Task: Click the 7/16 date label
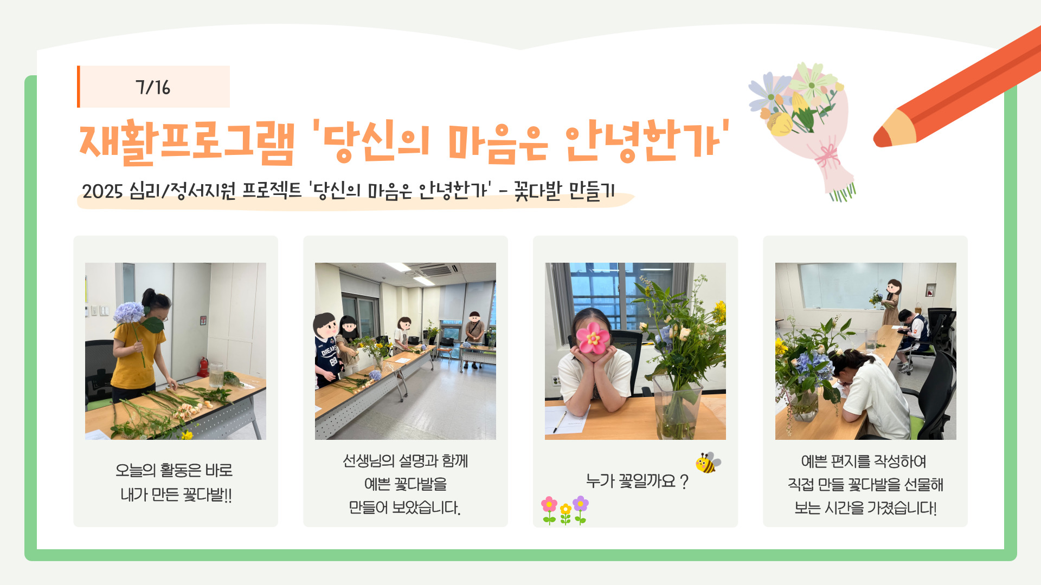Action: pos(153,87)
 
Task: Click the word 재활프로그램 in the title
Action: pos(187,142)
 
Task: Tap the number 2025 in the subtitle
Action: pos(102,191)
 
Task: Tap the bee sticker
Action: pos(708,462)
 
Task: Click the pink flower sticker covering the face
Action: pos(593,337)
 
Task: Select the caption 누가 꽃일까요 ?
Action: pos(637,481)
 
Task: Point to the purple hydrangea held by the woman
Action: pos(128,313)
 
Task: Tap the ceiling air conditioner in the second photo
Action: pos(434,270)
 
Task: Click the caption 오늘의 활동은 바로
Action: pos(174,470)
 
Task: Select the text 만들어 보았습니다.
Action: pos(404,508)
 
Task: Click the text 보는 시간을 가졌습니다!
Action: pos(865,508)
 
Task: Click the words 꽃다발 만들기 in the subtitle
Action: pos(564,191)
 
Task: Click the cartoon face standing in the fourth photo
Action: pos(894,287)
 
